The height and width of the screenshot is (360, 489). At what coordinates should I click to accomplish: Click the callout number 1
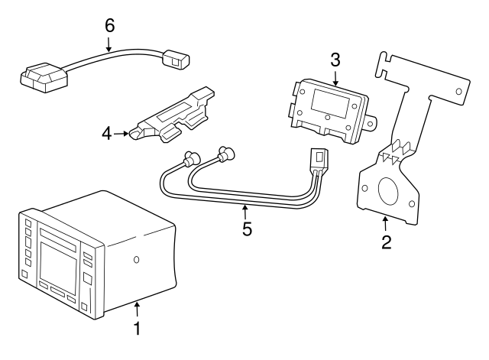pyautogui.click(x=138, y=329)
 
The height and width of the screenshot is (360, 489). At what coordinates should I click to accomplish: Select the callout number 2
pyautogui.click(x=386, y=242)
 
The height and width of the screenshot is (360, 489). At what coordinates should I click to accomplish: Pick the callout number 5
pyautogui.click(x=247, y=229)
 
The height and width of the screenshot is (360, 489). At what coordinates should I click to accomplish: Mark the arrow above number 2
pyautogui.click(x=386, y=224)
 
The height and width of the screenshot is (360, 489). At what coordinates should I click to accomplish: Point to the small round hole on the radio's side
pyautogui.click(x=136, y=260)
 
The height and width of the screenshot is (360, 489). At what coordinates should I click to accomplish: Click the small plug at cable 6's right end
pyautogui.click(x=176, y=57)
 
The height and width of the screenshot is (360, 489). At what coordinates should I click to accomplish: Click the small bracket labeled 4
pyautogui.click(x=174, y=115)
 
